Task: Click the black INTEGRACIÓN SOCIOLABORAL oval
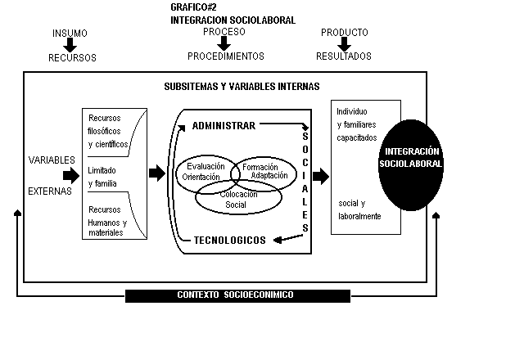[411, 165]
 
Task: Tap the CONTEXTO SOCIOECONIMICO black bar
[237, 296]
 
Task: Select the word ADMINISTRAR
[224, 126]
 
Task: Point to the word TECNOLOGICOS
[229, 240]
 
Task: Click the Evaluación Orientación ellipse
[177, 173]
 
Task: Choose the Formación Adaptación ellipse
[296, 173]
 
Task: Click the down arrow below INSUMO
[70, 45]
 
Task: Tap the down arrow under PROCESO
[224, 43]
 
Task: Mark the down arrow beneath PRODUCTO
[344, 44]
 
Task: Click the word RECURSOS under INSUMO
[72, 58]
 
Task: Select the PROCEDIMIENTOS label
[226, 56]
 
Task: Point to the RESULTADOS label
[344, 56]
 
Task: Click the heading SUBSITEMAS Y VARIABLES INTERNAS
[242, 87]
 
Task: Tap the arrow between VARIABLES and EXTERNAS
[71, 175]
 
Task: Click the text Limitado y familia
[102, 177]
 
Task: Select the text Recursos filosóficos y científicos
[108, 131]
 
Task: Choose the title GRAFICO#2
[193, 7]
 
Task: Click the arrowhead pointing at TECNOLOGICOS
[278, 240]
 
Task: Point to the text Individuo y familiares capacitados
[357, 124]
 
